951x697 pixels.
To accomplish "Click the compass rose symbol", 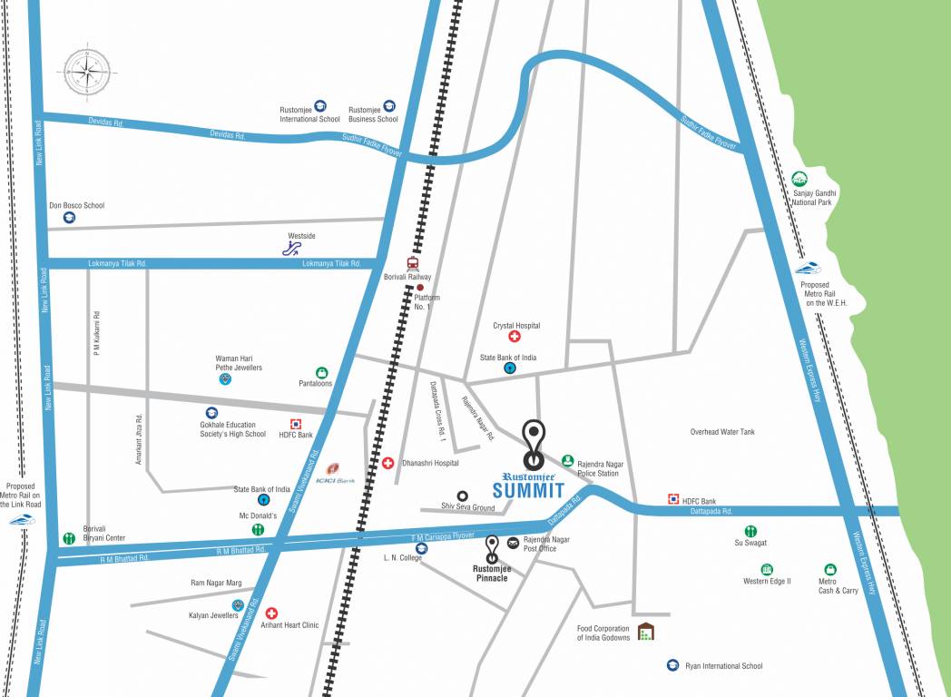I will [x=89, y=71].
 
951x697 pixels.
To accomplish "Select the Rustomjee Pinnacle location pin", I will [x=493, y=548].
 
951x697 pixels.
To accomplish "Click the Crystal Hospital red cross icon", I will [x=515, y=338].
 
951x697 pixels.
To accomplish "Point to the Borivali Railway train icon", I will [x=414, y=264].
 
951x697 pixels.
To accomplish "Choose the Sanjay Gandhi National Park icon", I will [x=799, y=179].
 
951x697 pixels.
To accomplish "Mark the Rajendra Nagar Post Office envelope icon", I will [x=514, y=543].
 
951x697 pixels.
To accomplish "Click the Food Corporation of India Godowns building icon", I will [x=645, y=632].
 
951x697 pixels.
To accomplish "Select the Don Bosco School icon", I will [x=69, y=218].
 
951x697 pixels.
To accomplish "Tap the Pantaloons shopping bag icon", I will [x=321, y=372].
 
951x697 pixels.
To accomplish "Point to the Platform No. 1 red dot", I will [x=419, y=288].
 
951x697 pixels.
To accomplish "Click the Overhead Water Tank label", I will [x=721, y=432].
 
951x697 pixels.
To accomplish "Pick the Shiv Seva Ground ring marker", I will [x=463, y=496].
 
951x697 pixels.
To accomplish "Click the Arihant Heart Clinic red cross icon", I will [x=270, y=614].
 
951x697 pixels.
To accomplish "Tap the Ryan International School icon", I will [x=672, y=665].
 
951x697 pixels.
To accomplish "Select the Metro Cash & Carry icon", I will [x=829, y=569].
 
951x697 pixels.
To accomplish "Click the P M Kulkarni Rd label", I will [x=96, y=333].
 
